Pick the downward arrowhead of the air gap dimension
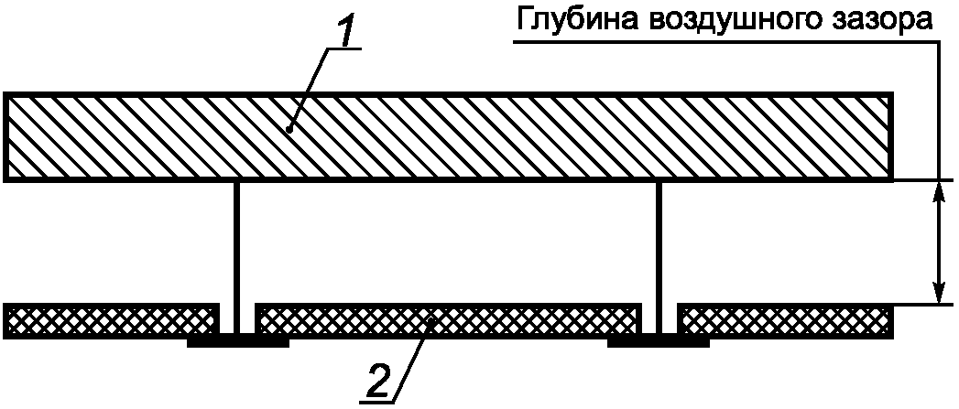pyautogui.click(x=938, y=293)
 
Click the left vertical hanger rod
pyautogui.click(x=237, y=247)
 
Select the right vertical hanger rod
pyautogui.click(x=659, y=247)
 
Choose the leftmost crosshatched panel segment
pyautogui.click(x=111, y=319)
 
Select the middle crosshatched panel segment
pyautogui.click(x=447, y=319)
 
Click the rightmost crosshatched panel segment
pyautogui.click(x=785, y=319)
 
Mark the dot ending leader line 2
pyautogui.click(x=431, y=320)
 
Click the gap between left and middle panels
pyautogui.click(x=237, y=320)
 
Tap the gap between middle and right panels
pyautogui.click(x=659, y=320)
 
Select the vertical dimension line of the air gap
pyautogui.click(x=938, y=242)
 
